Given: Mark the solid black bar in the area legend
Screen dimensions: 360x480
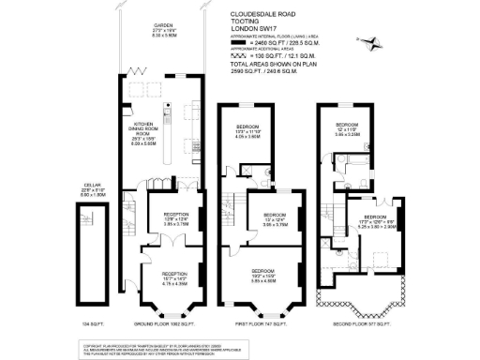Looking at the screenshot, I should (236, 44).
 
